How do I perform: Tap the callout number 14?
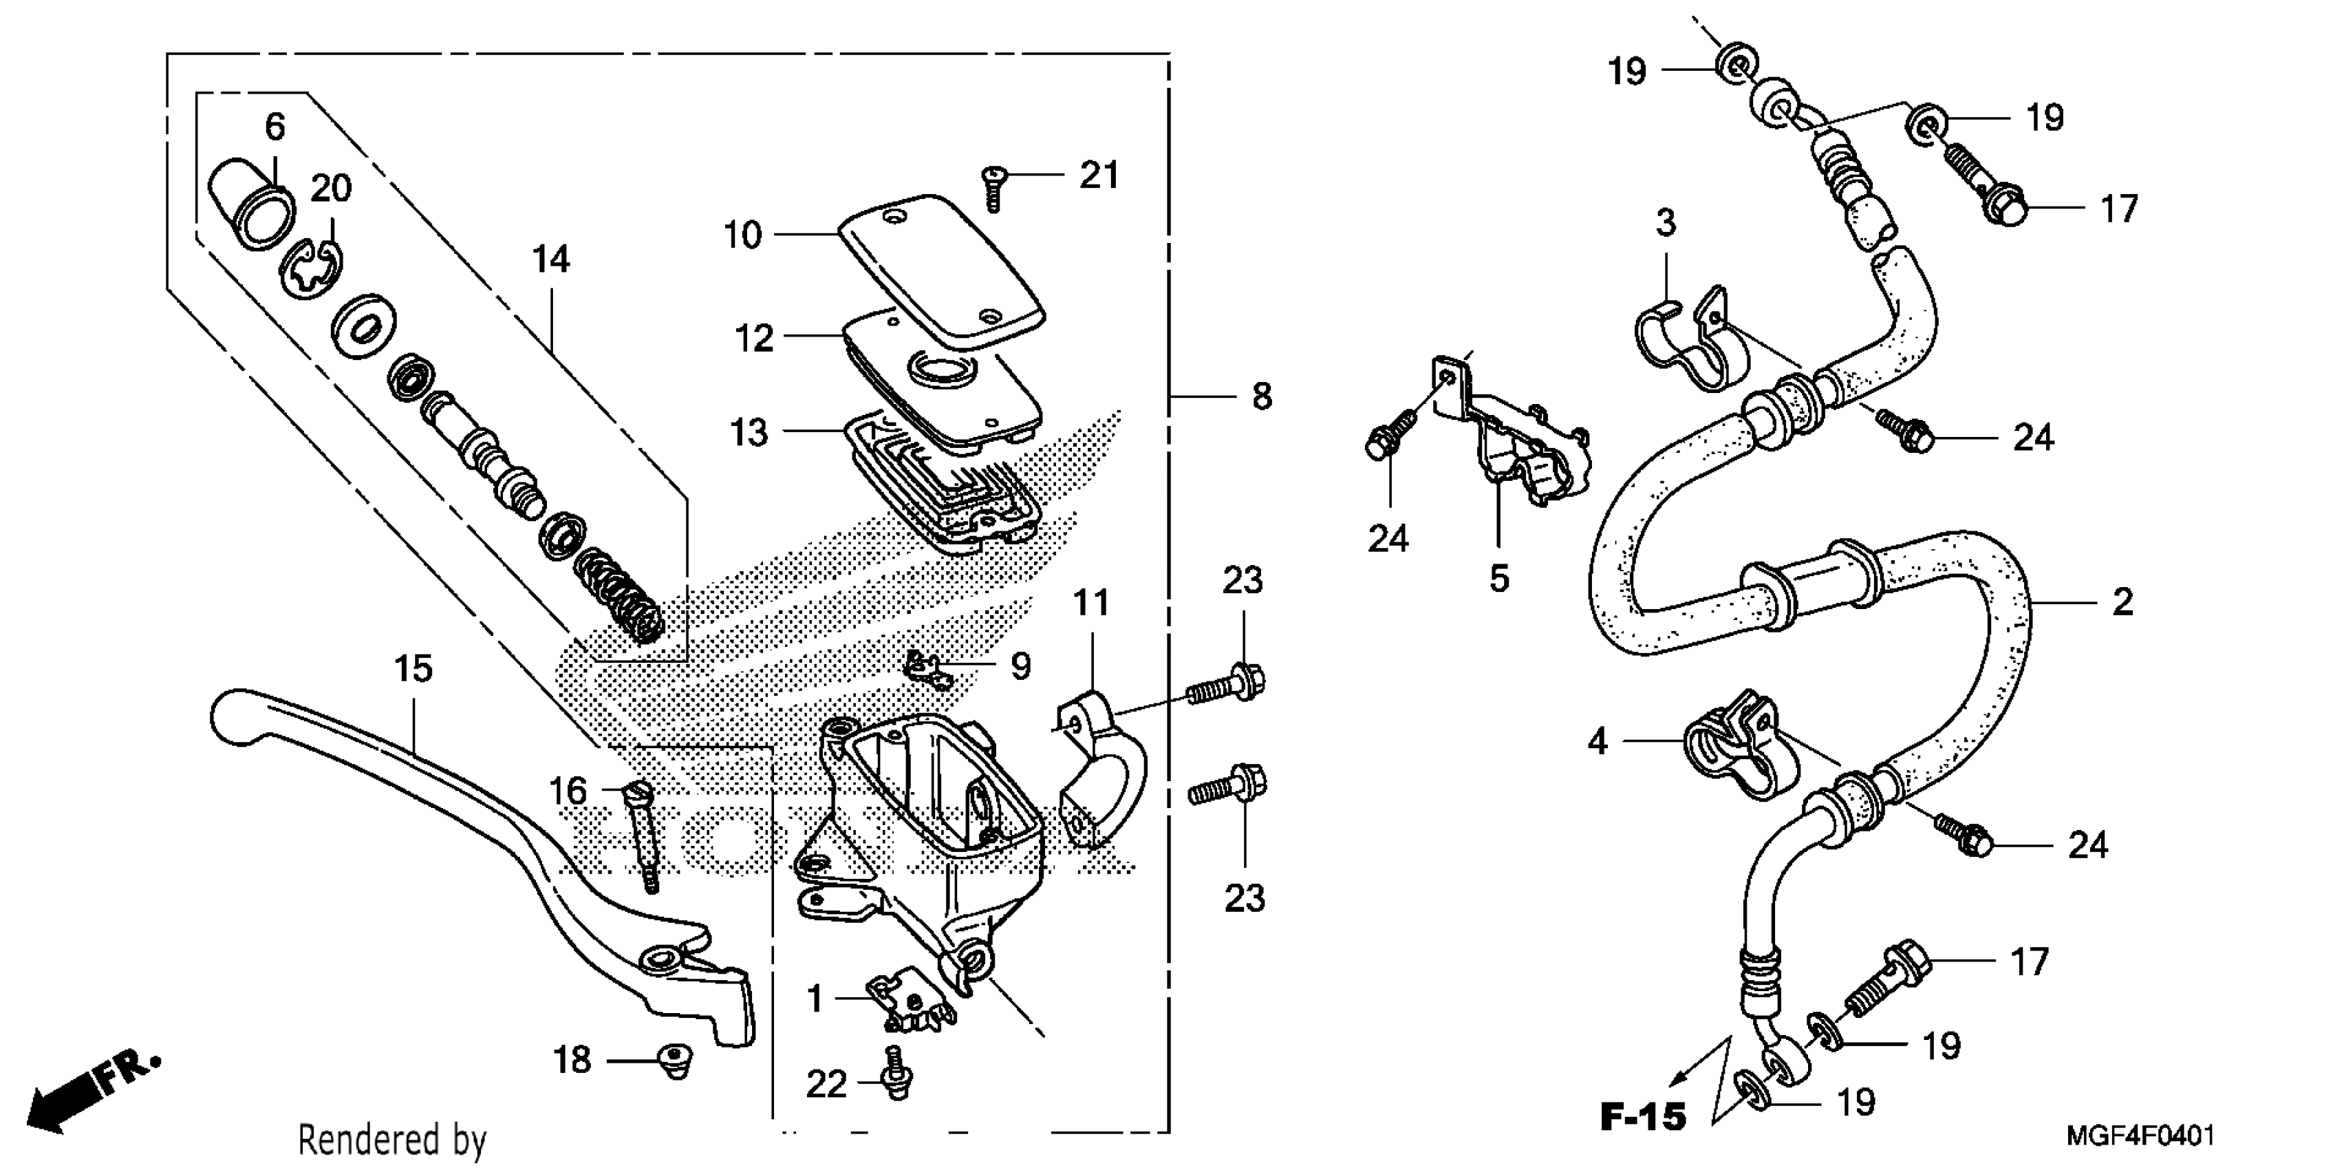(x=551, y=260)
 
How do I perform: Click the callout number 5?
(x=1498, y=579)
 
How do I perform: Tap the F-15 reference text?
(x=1644, y=1116)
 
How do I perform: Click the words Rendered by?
(x=392, y=1140)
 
